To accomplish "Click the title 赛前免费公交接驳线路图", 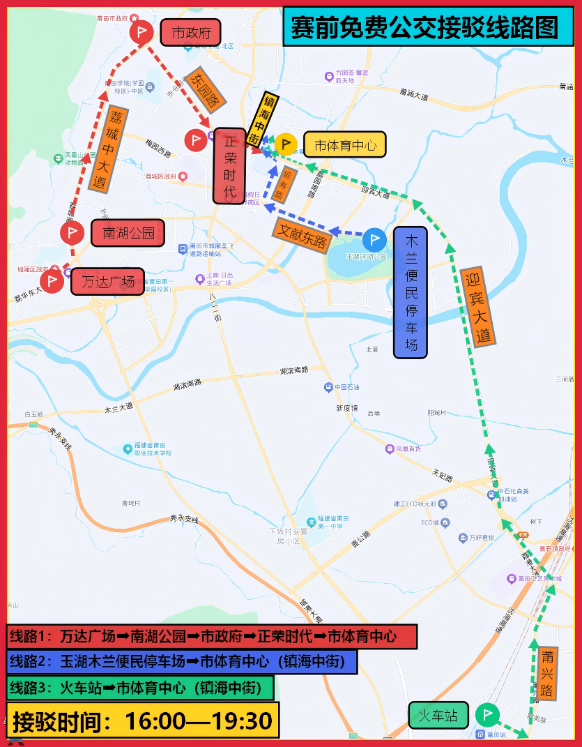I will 426,28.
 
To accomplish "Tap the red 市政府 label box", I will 190,32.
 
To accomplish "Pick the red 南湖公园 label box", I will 128,233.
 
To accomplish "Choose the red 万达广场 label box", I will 108,282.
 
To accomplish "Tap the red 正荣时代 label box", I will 229,166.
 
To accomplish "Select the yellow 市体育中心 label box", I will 344,145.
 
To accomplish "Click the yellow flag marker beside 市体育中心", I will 286,144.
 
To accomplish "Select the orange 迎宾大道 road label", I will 480,305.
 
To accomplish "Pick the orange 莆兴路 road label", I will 548,673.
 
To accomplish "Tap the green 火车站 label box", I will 438,716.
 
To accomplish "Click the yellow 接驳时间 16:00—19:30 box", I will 143,720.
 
